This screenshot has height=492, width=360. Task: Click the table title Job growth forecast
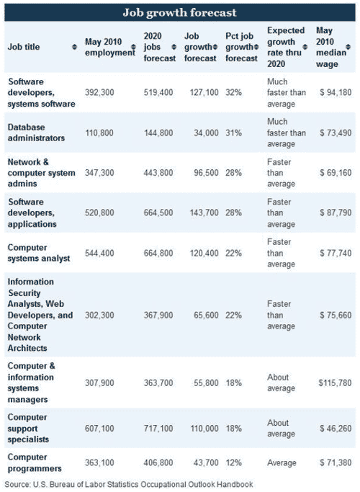(179, 12)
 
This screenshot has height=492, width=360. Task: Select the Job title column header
(24, 47)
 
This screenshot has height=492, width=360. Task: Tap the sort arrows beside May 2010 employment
(133, 47)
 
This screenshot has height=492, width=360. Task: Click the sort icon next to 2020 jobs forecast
(174, 47)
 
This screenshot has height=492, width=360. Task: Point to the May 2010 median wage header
(330, 47)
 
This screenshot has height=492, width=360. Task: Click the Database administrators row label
(36, 133)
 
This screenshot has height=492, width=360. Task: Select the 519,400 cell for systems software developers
(158, 92)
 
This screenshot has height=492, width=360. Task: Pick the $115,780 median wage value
(335, 383)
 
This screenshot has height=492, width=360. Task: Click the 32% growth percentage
(233, 92)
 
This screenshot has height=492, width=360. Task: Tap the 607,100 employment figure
(99, 429)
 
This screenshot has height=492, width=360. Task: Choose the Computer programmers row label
(35, 462)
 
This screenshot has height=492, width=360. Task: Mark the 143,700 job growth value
(204, 213)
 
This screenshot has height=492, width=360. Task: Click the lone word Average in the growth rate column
(282, 462)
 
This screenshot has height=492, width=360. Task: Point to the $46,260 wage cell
(336, 429)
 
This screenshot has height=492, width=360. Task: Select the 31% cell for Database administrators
(233, 133)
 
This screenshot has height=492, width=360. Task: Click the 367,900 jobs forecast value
(158, 315)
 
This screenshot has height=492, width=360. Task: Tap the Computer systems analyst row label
(39, 253)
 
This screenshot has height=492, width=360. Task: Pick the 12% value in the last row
(233, 462)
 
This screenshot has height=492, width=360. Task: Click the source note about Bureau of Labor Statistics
(129, 485)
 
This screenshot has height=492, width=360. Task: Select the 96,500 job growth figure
(206, 173)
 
